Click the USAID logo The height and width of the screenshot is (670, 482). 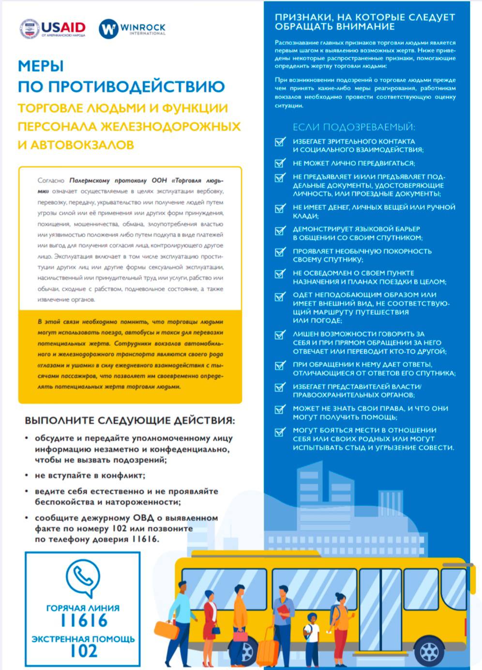point(53,29)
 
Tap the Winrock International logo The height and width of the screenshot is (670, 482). point(132,29)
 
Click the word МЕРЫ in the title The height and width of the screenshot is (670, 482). point(41,66)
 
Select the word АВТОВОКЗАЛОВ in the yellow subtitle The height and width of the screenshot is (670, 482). point(82,145)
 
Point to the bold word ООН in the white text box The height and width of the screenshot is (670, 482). point(159,180)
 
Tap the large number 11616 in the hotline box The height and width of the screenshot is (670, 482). point(83,621)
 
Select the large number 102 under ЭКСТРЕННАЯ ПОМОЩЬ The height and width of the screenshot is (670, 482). point(83,651)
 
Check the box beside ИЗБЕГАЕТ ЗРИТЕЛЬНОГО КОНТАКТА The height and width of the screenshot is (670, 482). point(280,142)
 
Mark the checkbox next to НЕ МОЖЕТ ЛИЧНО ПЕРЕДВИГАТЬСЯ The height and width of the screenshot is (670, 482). point(280,164)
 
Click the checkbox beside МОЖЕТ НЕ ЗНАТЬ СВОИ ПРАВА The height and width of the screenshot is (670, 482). point(280,409)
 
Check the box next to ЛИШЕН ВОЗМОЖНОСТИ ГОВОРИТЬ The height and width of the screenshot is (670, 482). point(280,335)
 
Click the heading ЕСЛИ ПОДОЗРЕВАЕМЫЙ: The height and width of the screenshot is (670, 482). point(354,127)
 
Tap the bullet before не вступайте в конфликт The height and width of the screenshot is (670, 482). point(27,476)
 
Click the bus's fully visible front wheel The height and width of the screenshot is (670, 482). point(429,651)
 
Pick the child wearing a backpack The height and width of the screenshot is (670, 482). point(311,634)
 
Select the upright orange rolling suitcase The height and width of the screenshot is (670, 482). point(267,651)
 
